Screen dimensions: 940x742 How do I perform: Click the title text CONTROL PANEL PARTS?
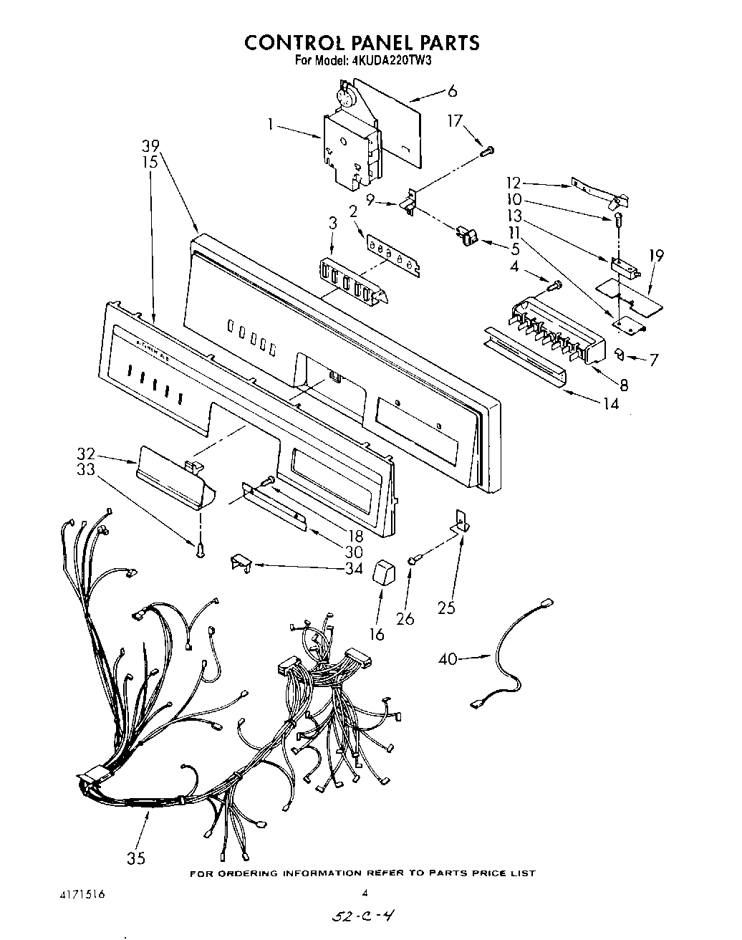pos(362,43)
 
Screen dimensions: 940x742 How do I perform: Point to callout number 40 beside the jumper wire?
pos(448,658)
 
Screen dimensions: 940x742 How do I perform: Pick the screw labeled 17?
pos(489,150)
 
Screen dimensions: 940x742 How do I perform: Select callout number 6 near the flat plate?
pos(451,91)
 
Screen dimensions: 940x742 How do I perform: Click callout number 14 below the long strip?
pos(610,403)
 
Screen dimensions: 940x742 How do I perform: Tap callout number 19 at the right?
pos(656,255)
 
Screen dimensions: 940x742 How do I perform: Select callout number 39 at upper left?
pos(150,145)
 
